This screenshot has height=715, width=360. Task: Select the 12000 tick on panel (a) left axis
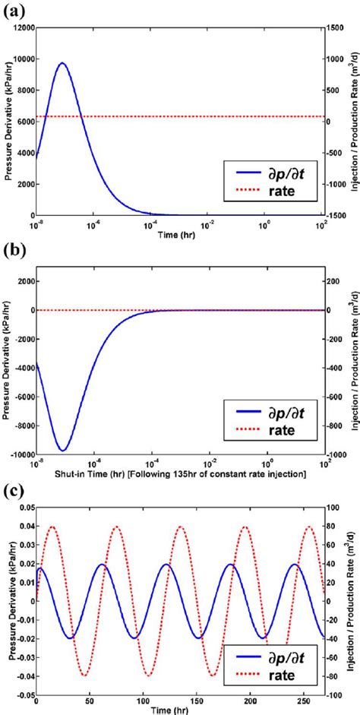click(x=23, y=27)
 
